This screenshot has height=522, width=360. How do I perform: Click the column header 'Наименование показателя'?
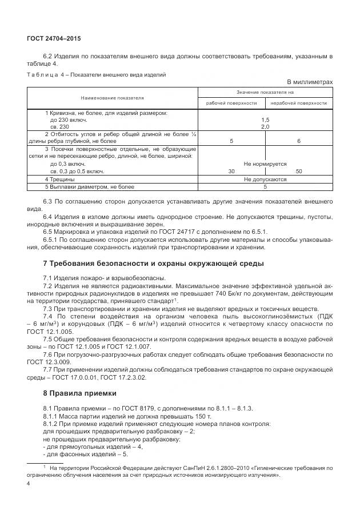click(112, 98)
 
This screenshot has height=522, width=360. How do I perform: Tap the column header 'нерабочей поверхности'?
click(298, 103)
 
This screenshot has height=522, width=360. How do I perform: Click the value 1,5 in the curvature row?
click(265, 120)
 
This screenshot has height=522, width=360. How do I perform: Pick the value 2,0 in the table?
click(265, 126)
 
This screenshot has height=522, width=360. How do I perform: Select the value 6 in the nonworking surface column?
click(298, 141)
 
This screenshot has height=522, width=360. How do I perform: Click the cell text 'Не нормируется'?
click(265, 164)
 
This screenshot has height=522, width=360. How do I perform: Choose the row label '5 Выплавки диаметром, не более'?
click(90, 186)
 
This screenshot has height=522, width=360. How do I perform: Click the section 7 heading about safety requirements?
click(153, 264)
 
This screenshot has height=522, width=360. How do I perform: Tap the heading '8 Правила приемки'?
click(79, 393)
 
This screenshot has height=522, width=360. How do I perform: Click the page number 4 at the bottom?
click(29, 484)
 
